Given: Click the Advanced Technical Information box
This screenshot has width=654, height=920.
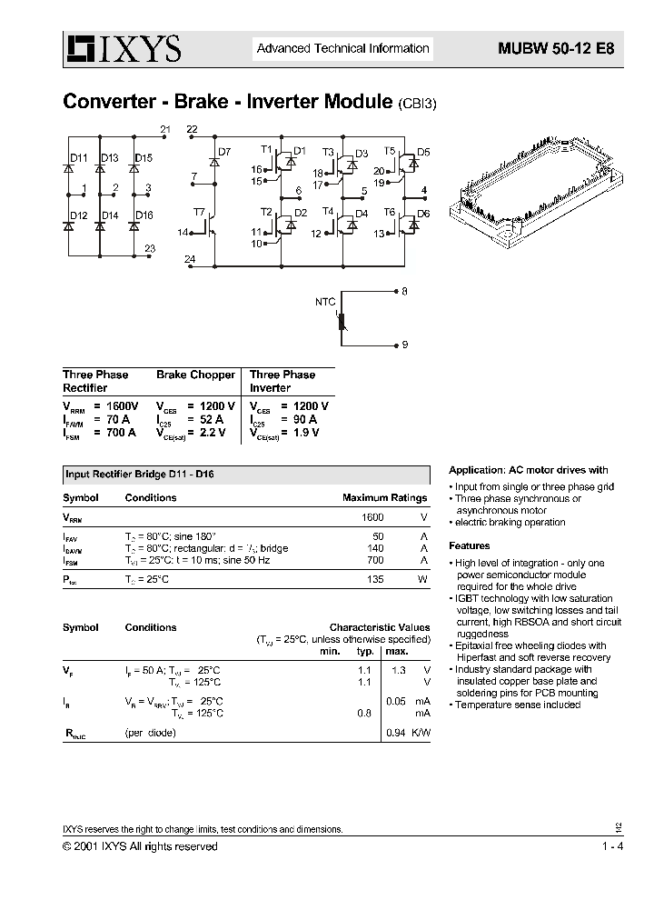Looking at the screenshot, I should click(342, 49).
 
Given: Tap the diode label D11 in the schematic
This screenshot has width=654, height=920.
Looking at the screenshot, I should click(79, 158).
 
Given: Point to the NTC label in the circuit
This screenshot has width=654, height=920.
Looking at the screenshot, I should click(325, 301).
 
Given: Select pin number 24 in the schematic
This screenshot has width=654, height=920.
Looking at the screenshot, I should click(189, 260).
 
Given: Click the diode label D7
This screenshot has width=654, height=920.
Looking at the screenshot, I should click(224, 151).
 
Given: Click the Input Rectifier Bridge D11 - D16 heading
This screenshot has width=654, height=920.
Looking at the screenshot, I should click(139, 475).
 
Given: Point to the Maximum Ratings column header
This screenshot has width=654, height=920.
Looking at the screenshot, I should click(384, 498).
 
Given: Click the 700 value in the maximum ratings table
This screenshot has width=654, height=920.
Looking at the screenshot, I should click(375, 562).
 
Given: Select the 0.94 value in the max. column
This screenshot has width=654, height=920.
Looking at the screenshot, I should click(395, 732).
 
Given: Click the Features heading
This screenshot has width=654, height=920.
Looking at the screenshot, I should click(470, 545).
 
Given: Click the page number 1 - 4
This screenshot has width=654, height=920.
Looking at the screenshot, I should click(611, 846).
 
